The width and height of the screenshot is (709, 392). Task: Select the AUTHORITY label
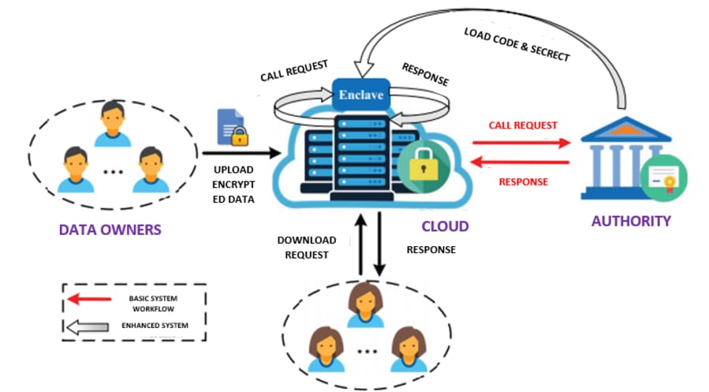point(631,220)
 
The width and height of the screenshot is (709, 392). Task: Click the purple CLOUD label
point(445,226)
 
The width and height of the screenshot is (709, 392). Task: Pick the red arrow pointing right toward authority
point(521,144)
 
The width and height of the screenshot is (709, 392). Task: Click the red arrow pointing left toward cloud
point(521,162)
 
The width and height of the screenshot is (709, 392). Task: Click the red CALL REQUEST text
point(522,125)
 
